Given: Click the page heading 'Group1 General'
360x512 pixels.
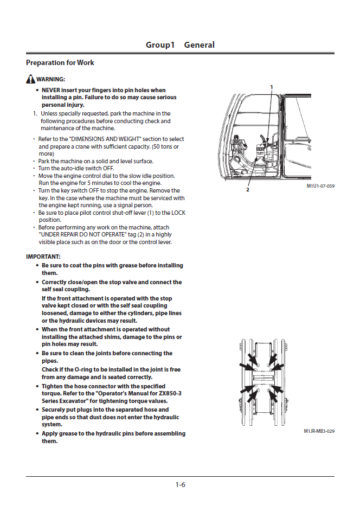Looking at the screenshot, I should pos(180,45).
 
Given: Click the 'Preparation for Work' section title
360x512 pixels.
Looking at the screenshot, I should pos(60,63).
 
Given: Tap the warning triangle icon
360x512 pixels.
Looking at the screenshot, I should pos(30,79).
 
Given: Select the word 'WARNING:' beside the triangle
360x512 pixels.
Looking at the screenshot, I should pos(51,80).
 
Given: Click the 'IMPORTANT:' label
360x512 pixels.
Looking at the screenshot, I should pos(43,256).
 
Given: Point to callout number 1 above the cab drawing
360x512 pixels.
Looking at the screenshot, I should pos(272,87).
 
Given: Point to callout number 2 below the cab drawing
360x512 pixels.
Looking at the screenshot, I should pos(248,190).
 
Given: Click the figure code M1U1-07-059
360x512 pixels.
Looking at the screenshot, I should pos(320,186).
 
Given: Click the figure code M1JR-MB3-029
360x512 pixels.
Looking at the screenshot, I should pos(319,431).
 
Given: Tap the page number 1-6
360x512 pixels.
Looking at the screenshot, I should pos(180,485).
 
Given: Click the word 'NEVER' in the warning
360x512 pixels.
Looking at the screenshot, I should pos(52,90).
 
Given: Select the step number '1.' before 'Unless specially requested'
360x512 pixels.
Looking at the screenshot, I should pos(35,114).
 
